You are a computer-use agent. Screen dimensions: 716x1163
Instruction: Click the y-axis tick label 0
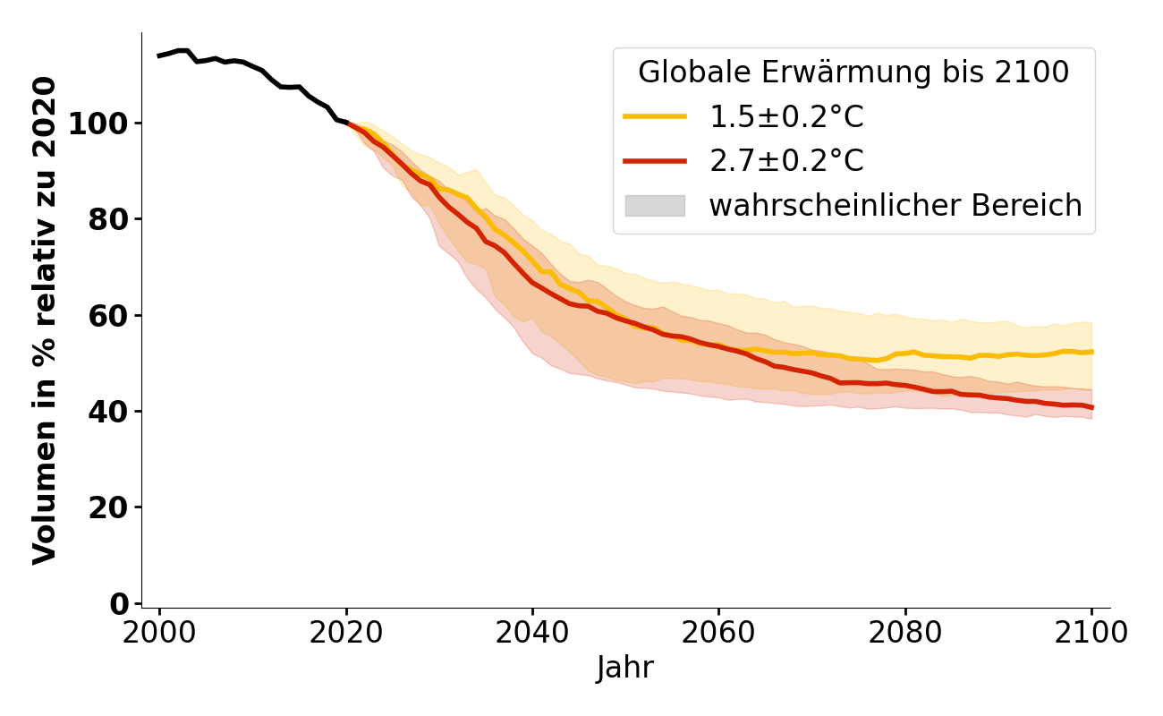[x=120, y=604]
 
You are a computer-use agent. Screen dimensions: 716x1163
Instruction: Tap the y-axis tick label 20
[x=107, y=507]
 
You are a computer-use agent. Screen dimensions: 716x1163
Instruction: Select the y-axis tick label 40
[x=107, y=412]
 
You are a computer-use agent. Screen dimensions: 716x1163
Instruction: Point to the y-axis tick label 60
[x=107, y=315]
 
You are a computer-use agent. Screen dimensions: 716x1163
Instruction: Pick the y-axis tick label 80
[x=107, y=219]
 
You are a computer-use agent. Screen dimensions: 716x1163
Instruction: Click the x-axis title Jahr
[x=625, y=668]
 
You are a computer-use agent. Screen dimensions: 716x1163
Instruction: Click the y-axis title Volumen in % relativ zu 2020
[x=45, y=320]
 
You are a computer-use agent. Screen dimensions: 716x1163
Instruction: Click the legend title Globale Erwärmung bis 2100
[x=853, y=72]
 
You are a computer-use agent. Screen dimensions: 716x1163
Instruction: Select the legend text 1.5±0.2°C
[x=786, y=117]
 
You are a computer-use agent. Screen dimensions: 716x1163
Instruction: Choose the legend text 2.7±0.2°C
[x=786, y=161]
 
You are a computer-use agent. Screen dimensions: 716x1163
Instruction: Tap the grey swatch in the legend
[x=655, y=206]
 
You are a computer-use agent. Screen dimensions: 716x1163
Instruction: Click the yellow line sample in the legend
[x=655, y=116]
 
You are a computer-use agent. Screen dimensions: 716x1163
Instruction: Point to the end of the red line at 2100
[x=1091, y=407]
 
